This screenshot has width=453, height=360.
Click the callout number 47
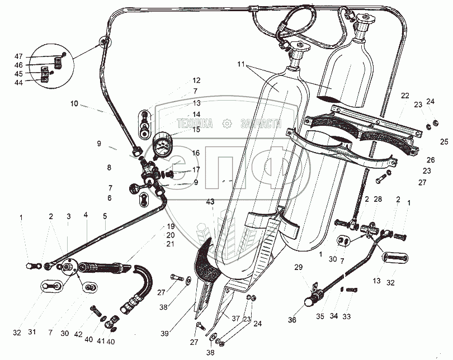[19, 56]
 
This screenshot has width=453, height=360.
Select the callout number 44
[19, 82]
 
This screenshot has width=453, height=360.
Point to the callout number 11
[240, 65]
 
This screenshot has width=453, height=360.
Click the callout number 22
[404, 95]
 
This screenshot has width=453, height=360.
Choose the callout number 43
[210, 201]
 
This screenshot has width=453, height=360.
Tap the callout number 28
[377, 200]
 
